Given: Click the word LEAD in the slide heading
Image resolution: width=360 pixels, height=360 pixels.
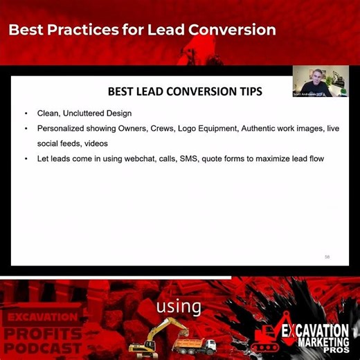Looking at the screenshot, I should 151,91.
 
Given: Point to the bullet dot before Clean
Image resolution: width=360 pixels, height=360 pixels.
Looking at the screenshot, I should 26,113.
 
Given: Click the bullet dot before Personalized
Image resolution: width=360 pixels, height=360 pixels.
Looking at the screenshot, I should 26,129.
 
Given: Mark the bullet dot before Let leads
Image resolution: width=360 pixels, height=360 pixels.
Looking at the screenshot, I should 26,159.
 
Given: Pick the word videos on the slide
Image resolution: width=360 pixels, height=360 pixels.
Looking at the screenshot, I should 97,143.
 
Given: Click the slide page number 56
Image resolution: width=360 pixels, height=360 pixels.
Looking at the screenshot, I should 327,257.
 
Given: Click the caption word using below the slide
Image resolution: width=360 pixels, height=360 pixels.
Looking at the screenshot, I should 179,306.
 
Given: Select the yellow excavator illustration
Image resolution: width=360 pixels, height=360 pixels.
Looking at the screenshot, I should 149,336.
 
